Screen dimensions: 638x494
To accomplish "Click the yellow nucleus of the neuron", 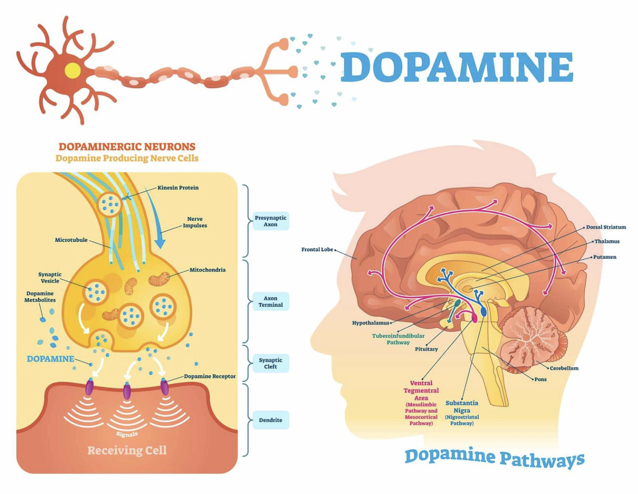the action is tap(72, 69).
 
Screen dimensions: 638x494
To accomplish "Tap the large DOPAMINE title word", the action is tap(456, 67).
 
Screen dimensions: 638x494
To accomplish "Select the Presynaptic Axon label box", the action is tap(270, 221).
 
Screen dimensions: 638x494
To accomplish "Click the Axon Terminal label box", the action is tap(270, 301).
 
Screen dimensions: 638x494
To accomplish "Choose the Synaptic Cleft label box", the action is tap(270, 363).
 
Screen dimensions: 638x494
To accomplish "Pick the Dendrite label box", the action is tap(270, 420).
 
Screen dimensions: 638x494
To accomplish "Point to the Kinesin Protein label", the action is tap(178, 188).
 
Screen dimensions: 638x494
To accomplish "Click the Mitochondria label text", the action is tap(207, 270).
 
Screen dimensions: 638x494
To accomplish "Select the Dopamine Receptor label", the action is tap(210, 376).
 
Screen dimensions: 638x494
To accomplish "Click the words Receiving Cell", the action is tap(127, 450).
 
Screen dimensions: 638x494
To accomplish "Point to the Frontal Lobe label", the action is tap(317, 250).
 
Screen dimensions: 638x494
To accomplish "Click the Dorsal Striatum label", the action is tap(606, 227).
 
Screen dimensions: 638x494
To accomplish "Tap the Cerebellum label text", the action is tap(564, 368).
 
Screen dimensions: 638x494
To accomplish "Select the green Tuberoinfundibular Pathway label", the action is tap(398, 339).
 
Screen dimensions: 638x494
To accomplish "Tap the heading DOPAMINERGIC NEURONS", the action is tap(127, 146).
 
